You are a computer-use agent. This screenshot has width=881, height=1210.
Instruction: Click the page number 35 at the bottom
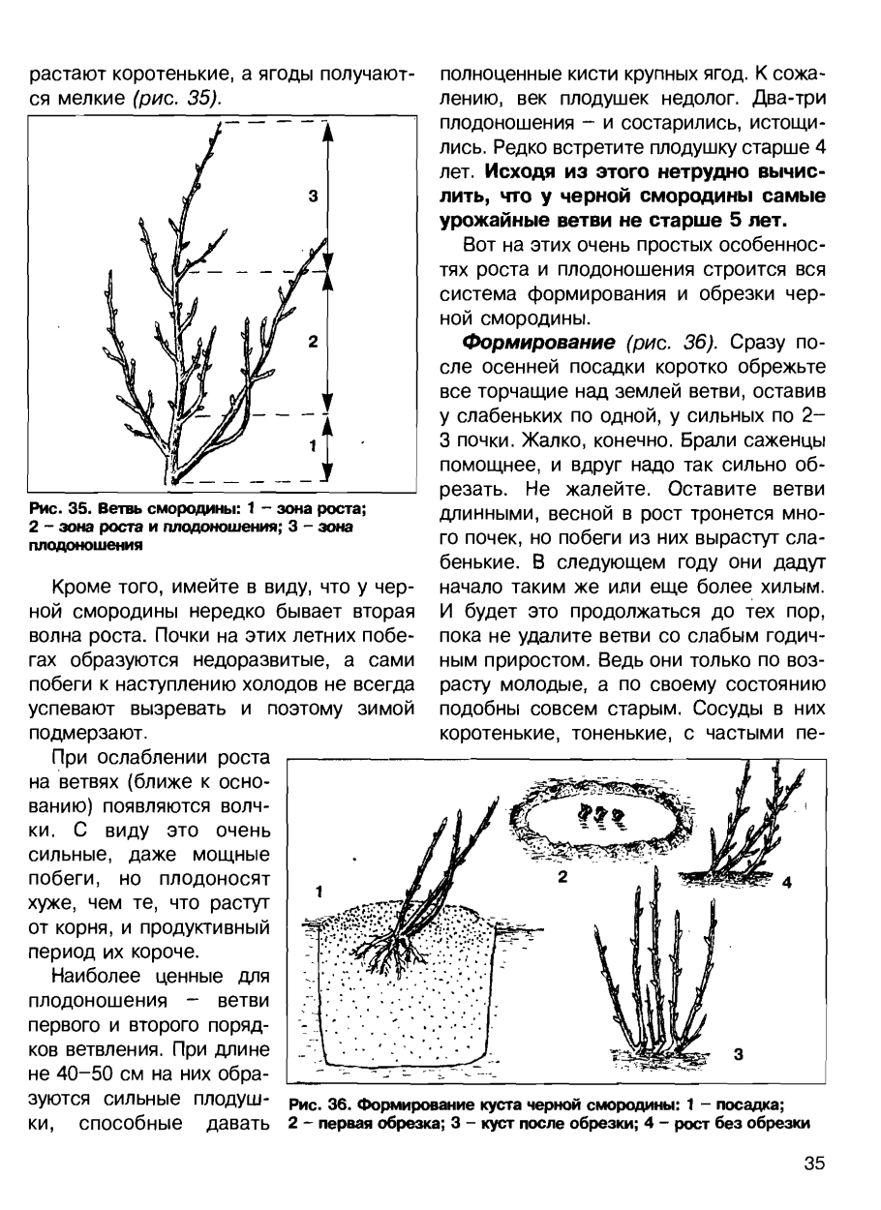(x=814, y=1165)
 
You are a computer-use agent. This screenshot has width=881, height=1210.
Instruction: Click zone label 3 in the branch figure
(x=313, y=197)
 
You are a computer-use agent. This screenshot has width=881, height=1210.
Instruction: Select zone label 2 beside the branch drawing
(x=313, y=343)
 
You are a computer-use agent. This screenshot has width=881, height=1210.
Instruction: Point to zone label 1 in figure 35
(x=312, y=445)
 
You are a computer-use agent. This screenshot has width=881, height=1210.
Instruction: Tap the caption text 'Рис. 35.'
(x=55, y=509)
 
